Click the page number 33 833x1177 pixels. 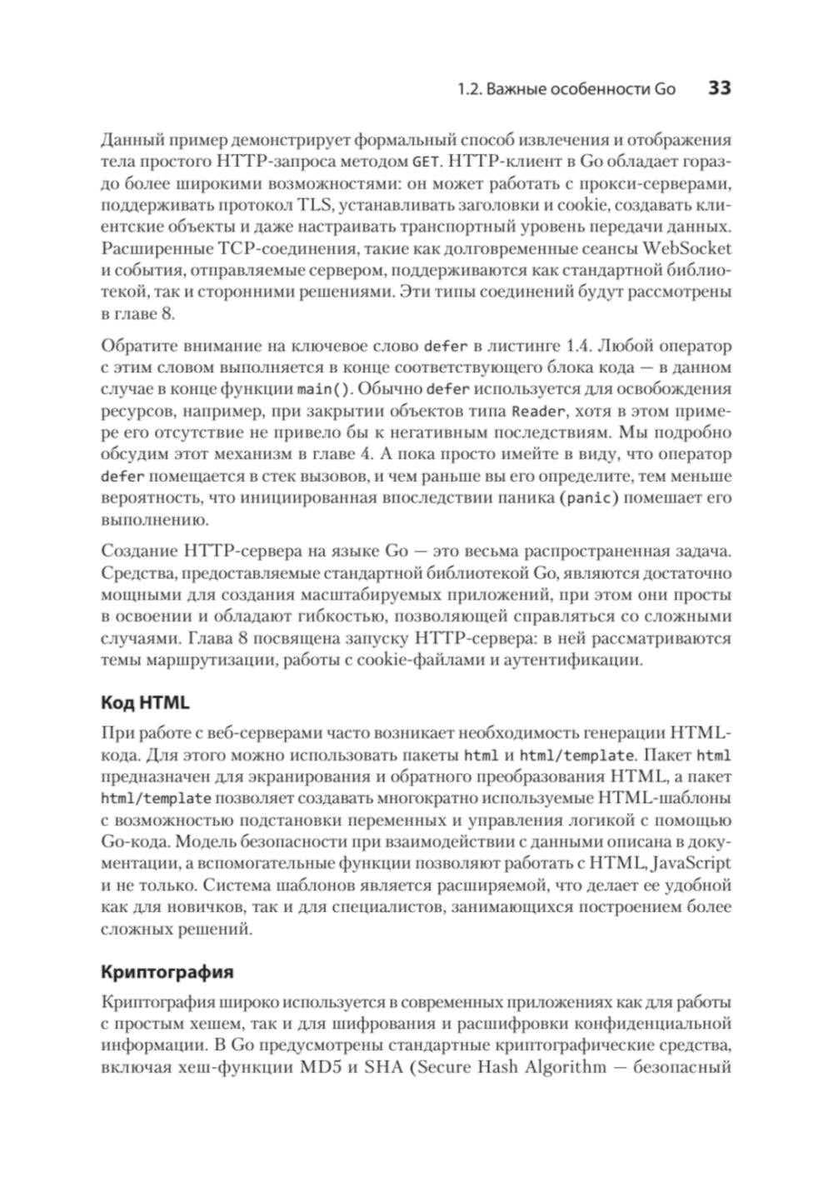pyautogui.click(x=719, y=88)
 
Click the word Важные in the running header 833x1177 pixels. pyautogui.click(x=518, y=89)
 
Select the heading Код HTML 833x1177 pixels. pyautogui.click(x=145, y=702)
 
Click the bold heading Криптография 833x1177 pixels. pyautogui.click(x=167, y=971)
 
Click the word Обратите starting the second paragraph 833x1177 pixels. pyautogui.click(x=132, y=346)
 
